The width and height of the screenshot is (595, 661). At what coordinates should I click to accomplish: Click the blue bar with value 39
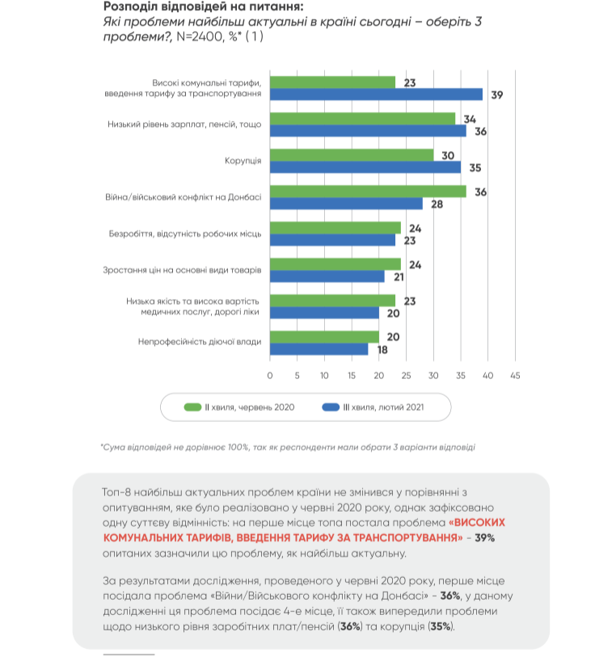point(376,95)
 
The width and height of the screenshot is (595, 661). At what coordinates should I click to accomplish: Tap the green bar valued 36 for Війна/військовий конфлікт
point(367,192)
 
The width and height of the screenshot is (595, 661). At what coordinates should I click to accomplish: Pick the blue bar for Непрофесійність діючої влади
point(319,349)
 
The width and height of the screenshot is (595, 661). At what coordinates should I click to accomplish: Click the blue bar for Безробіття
point(332,240)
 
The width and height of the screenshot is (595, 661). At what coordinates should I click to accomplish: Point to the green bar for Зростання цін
point(335,264)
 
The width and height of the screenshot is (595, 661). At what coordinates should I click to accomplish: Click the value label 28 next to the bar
point(437,204)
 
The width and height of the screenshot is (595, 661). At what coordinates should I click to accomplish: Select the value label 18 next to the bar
point(382,349)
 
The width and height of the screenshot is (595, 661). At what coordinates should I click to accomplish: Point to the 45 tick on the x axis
point(515,375)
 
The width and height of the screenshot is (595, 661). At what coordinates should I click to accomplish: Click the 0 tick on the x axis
point(270,375)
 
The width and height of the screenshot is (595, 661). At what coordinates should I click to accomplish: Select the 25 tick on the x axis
point(406,375)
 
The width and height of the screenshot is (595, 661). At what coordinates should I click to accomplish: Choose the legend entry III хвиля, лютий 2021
point(373,407)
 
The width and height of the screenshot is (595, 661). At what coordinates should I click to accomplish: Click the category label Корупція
point(243,161)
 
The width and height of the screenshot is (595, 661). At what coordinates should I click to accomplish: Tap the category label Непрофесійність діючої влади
point(200,343)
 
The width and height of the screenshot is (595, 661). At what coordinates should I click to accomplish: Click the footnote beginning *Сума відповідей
point(288,446)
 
